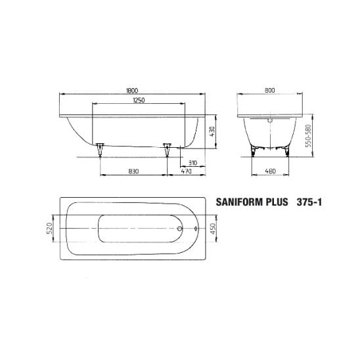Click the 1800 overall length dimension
click(x=132, y=91)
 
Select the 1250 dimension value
click(x=139, y=101)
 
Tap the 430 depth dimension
click(x=212, y=131)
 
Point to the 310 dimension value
click(x=192, y=163)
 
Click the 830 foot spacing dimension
click(x=133, y=171)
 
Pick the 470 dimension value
click(x=186, y=171)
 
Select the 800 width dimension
click(x=269, y=90)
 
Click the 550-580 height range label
click(x=309, y=136)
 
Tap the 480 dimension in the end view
click(x=270, y=171)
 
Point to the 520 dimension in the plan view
click(x=49, y=228)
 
